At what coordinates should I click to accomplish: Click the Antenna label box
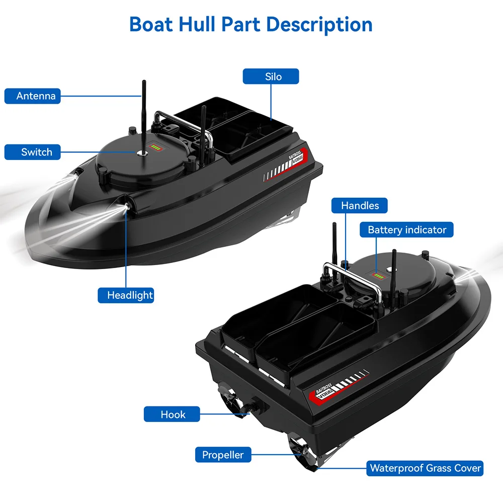coord(33,96)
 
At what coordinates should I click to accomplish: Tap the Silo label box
coord(271,77)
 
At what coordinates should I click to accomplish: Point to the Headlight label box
coord(126,295)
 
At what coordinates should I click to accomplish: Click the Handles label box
coord(360,205)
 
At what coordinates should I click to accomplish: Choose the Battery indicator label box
coord(407,230)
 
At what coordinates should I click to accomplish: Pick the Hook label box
coord(173,414)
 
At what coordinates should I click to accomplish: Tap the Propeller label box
coord(223,455)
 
